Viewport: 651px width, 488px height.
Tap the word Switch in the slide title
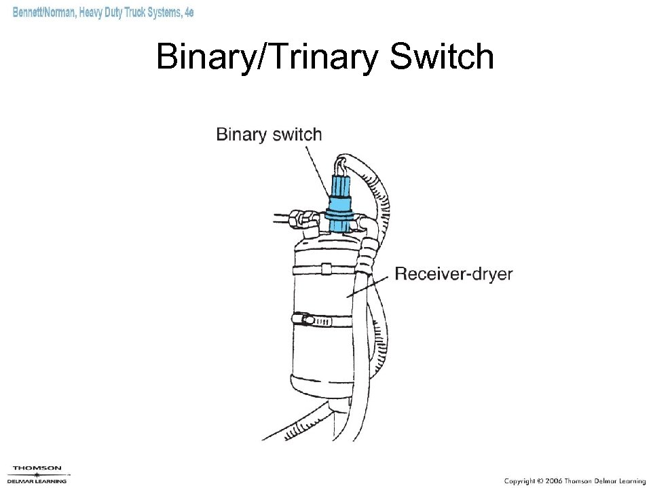[441, 57]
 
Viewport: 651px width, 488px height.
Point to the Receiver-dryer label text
[453, 274]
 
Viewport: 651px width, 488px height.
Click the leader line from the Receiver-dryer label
[370, 285]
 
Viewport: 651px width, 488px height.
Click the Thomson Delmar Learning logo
[37, 474]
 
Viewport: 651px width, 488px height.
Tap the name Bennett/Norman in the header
[43, 13]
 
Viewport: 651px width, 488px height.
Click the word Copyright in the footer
[519, 481]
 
